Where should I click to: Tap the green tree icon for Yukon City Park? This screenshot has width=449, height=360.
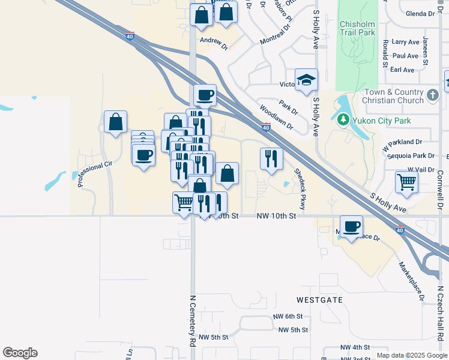click(x=343, y=119)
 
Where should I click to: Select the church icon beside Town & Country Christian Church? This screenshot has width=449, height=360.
click(x=432, y=95)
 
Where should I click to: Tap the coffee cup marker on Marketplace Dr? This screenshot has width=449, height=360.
click(x=351, y=227)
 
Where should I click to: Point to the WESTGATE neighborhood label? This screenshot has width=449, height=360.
click(x=318, y=299)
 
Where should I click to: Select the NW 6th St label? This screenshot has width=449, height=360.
click(x=288, y=316)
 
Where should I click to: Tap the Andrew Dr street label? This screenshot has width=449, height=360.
click(x=214, y=43)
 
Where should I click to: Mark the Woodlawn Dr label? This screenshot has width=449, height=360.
click(x=276, y=118)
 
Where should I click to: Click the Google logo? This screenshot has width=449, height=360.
click(x=20, y=353)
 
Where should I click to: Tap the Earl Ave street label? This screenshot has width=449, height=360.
click(x=402, y=70)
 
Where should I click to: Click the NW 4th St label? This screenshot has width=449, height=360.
click(x=355, y=347)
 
